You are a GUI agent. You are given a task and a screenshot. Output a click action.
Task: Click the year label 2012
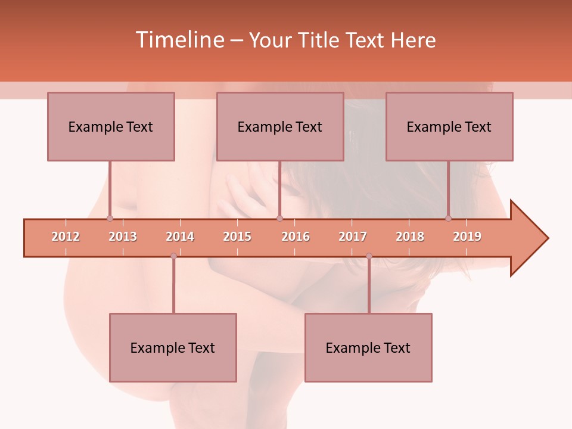point(66,237)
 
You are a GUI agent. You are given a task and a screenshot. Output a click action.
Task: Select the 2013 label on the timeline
point(123,237)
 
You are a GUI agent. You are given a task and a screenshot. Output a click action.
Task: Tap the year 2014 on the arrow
point(180,237)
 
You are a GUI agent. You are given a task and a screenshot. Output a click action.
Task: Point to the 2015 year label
point(237,237)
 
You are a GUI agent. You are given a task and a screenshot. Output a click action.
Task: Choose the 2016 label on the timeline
point(296,237)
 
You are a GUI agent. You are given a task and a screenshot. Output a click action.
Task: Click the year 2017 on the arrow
point(353,237)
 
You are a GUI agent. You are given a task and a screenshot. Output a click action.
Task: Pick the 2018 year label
point(410,237)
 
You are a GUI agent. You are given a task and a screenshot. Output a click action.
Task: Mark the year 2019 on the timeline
point(467,237)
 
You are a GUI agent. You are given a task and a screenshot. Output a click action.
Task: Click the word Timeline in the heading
point(179,40)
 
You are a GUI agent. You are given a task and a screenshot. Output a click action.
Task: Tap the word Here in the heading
point(414,40)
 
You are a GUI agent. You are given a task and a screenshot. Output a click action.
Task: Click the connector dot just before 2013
point(110,218)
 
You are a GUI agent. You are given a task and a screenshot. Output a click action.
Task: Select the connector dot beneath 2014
point(173,256)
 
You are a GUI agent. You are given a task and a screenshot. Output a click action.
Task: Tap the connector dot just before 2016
point(279,218)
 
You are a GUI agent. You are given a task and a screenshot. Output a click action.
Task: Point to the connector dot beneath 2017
point(369,256)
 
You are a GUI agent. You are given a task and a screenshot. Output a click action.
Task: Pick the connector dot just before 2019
point(449,218)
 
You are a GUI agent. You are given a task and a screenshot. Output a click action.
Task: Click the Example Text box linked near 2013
point(111,126)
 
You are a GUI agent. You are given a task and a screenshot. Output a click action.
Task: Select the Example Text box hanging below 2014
point(173,347)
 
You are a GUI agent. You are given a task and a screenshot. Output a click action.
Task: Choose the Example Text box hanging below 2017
point(368,347)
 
